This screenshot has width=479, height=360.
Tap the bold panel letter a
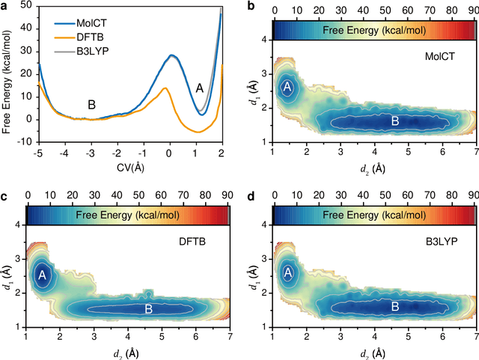pos(6,6)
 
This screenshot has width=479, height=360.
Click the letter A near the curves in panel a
pos(199,88)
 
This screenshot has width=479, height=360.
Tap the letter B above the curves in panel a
pos(91,104)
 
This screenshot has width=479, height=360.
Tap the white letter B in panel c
pos(148,308)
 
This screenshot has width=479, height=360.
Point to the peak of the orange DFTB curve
pos(165,88)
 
